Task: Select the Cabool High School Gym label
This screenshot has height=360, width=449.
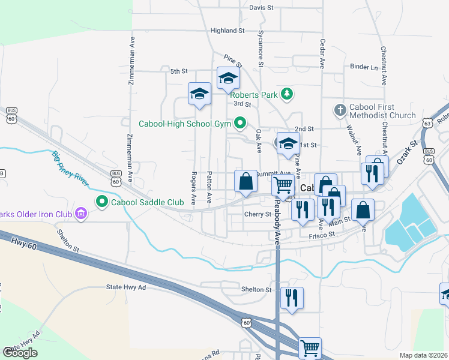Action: (185, 124)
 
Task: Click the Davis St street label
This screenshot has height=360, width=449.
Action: (261, 8)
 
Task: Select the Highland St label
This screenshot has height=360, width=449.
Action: (228, 30)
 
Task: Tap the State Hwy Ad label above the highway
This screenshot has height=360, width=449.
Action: (126, 287)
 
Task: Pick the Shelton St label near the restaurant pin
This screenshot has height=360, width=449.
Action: (256, 289)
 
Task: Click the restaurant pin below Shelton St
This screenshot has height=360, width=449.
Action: (292, 298)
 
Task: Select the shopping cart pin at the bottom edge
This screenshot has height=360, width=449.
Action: (310, 347)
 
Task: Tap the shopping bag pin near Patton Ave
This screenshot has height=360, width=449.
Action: (246, 181)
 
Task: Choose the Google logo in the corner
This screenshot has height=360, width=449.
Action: (20, 353)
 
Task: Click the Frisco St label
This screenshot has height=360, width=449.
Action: (321, 237)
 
